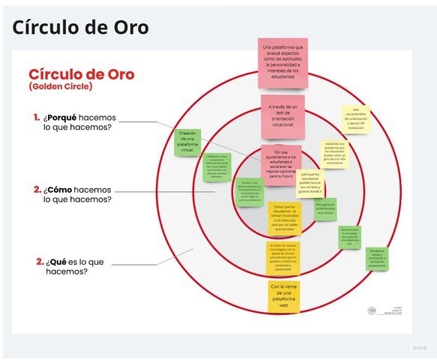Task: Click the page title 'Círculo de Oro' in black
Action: [79, 27]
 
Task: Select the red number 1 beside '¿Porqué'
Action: [36, 117]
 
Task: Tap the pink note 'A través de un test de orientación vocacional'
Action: [282, 116]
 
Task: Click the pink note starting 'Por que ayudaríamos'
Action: [282, 165]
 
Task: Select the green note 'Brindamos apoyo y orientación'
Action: [376, 258]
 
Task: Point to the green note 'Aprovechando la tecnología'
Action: [349, 238]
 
